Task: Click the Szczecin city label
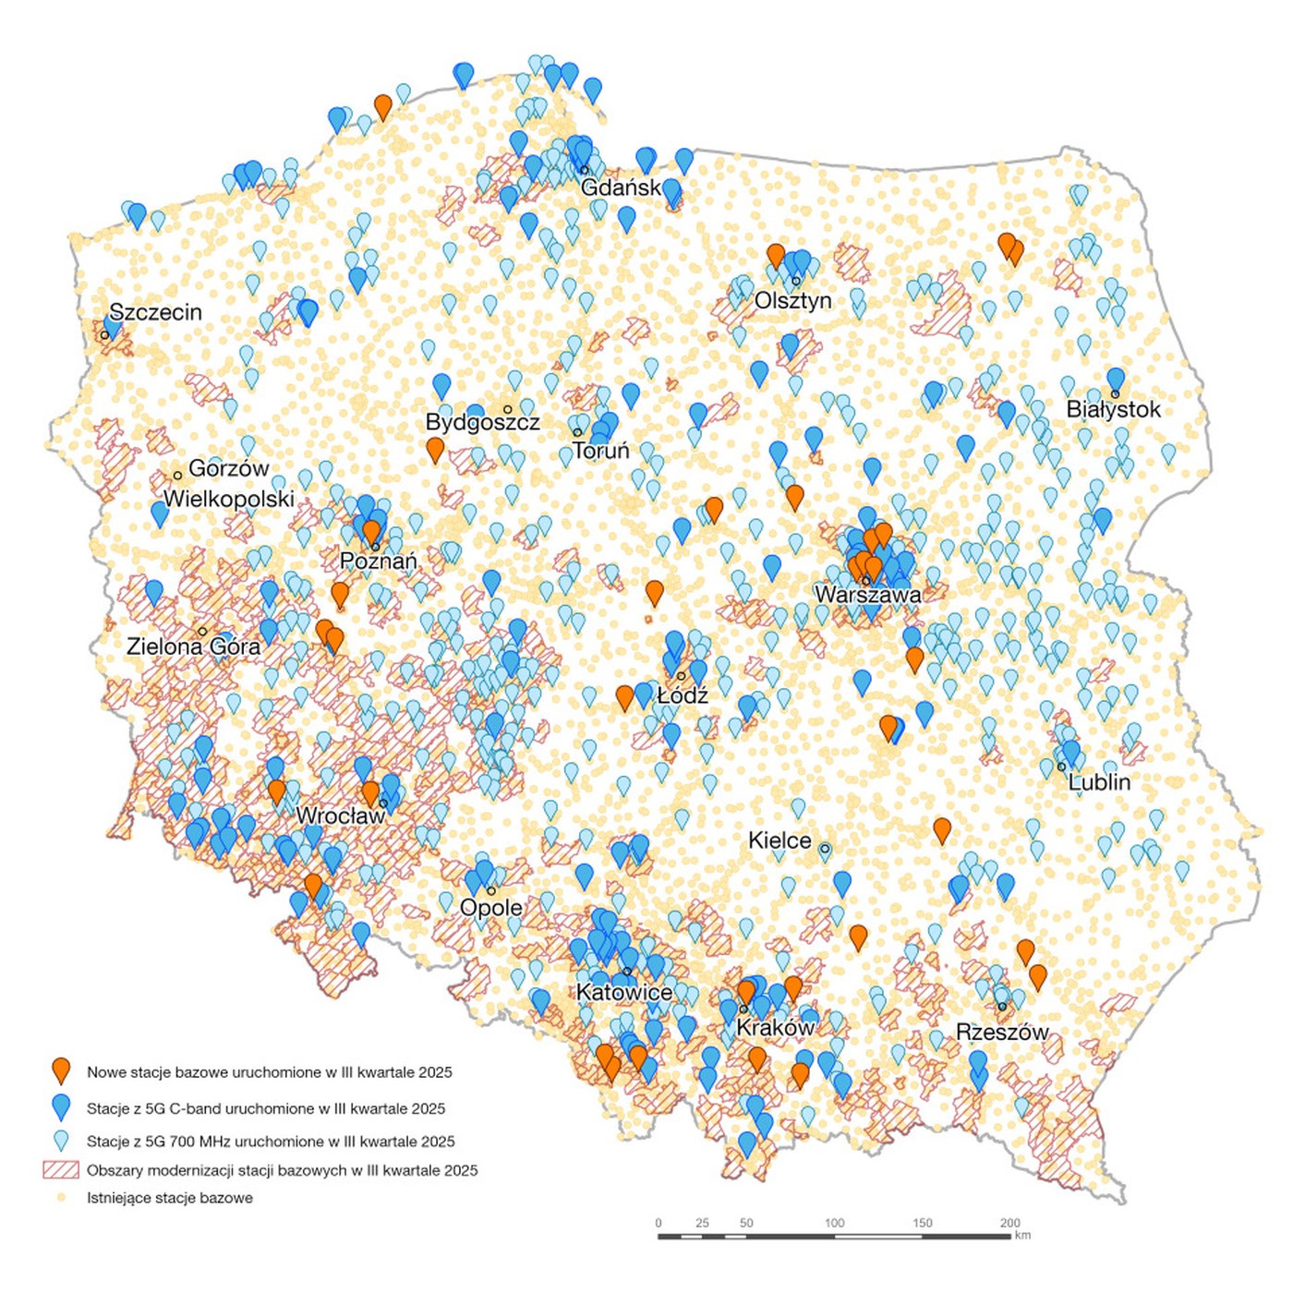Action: click(x=155, y=312)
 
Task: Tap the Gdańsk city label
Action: click(x=621, y=187)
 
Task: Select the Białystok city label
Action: click(x=1113, y=409)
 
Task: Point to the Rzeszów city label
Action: click(x=1002, y=1032)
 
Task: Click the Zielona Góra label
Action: click(x=193, y=646)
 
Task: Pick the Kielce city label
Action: click(x=779, y=840)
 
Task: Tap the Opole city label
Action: click(x=490, y=908)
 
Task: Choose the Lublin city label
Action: click(x=1099, y=782)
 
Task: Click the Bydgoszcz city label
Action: click(x=482, y=422)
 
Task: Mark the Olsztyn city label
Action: click(x=792, y=300)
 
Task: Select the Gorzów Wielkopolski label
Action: click(x=228, y=484)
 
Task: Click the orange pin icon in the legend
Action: click(x=61, y=1071)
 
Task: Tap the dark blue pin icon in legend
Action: click(x=61, y=1107)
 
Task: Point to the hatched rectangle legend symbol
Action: click(x=61, y=1170)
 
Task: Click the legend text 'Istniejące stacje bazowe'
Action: click(x=170, y=1198)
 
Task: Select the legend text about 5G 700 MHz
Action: click(x=271, y=1142)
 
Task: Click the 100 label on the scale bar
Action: click(x=834, y=1223)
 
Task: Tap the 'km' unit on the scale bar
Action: click(x=1022, y=1235)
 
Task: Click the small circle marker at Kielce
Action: click(x=825, y=849)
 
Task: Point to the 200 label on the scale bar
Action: click(x=1010, y=1223)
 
